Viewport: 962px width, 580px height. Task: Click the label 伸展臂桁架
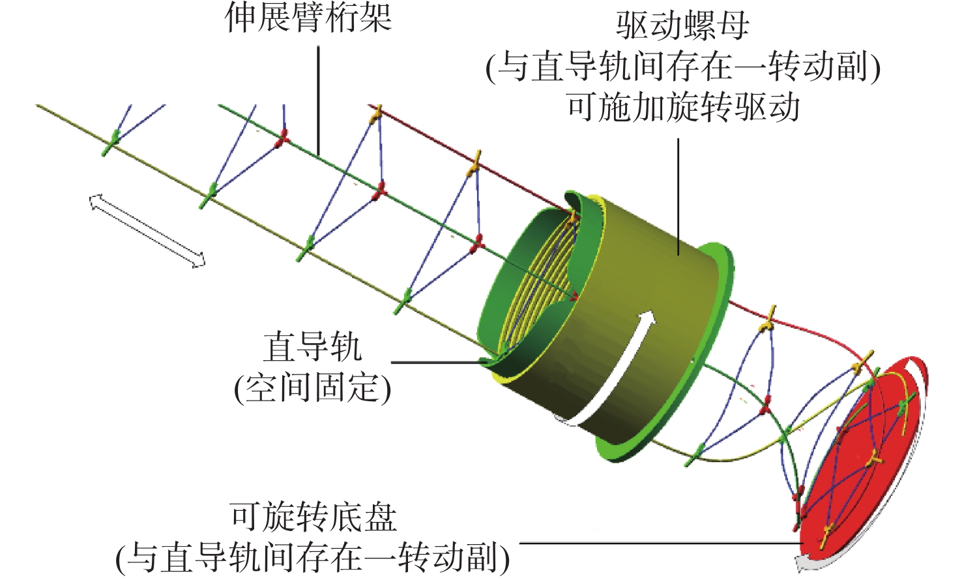[x=308, y=18]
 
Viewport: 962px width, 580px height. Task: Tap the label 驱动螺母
[x=682, y=26]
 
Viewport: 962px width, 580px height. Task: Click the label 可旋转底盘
[x=313, y=517]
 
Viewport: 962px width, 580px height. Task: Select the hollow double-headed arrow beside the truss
[x=147, y=230]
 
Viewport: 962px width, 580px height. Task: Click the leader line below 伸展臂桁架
[x=319, y=98]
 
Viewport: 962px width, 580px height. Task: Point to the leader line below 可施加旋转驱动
[x=678, y=196]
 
